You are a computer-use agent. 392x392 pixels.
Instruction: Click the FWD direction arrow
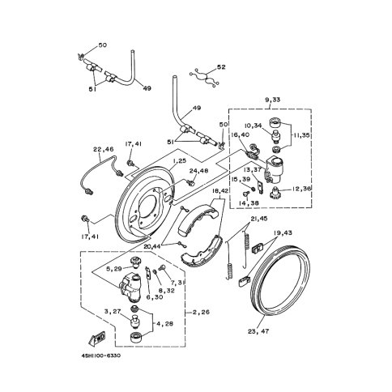pos(97,339)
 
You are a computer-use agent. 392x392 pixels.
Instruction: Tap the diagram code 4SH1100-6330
pos(100,356)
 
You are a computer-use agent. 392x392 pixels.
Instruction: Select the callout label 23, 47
pos(258,331)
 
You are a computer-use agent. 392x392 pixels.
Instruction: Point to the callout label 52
pos(221,67)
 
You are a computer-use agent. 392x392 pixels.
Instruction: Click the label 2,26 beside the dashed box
pos(201,313)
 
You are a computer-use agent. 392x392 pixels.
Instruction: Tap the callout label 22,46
pos(104,149)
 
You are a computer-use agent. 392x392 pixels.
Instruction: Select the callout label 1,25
pos(180,160)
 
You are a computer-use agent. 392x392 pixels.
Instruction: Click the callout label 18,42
pos(220,190)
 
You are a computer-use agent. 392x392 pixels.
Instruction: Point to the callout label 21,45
pos(259,219)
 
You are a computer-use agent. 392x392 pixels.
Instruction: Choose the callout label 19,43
pos(283,232)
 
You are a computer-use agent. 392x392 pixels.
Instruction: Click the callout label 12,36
pos(300,189)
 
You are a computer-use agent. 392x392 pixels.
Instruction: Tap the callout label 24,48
pos(198,171)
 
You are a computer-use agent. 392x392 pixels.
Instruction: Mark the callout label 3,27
pos(113,311)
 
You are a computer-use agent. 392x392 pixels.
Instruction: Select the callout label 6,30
pos(155,296)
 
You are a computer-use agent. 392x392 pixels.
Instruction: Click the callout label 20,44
pos(152,246)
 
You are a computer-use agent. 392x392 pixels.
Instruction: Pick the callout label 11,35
pos(301,135)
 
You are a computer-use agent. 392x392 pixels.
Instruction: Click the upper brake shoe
pos(198,219)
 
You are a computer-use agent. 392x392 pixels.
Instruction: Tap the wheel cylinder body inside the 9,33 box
pos(275,169)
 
